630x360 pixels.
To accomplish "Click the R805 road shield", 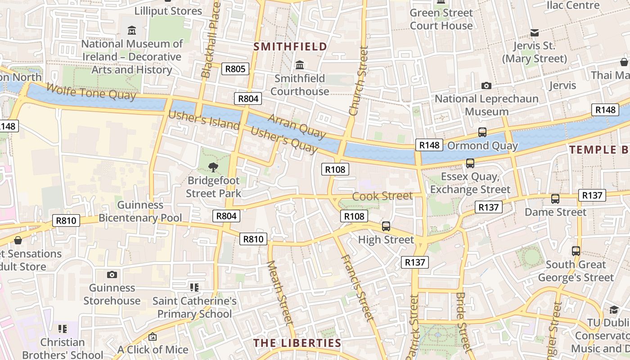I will pyautogui.click(x=235, y=69).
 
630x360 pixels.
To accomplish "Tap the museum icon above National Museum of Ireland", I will pyautogui.click(x=132, y=31).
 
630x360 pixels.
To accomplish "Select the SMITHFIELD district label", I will pyautogui.click(x=290, y=46).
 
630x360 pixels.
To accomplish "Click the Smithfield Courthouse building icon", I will pyautogui.click(x=300, y=65).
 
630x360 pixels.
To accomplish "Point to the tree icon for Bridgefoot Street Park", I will pyautogui.click(x=213, y=168).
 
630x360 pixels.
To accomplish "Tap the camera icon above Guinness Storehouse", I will pyautogui.click(x=112, y=274).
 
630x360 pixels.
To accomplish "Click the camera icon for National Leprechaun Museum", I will pyautogui.click(x=486, y=85).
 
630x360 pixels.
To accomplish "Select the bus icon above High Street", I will pyautogui.click(x=386, y=226).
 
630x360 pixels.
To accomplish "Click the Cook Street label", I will pyautogui.click(x=382, y=196).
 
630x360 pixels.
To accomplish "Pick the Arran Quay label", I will pyautogui.click(x=297, y=126).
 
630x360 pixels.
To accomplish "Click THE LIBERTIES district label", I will pyautogui.click(x=297, y=343).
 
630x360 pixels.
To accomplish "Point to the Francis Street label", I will pyautogui.click(x=357, y=288).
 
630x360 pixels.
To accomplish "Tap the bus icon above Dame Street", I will pyautogui.click(x=555, y=198).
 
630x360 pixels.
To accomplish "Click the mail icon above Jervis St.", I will pyautogui.click(x=535, y=33).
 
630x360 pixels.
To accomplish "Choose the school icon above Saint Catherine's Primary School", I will pyautogui.click(x=194, y=287).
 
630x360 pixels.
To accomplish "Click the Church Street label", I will pyautogui.click(x=359, y=81).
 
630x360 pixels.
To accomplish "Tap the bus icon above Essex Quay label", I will pyautogui.click(x=470, y=163).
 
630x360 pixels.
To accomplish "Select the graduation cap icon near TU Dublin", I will pyautogui.click(x=614, y=310).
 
